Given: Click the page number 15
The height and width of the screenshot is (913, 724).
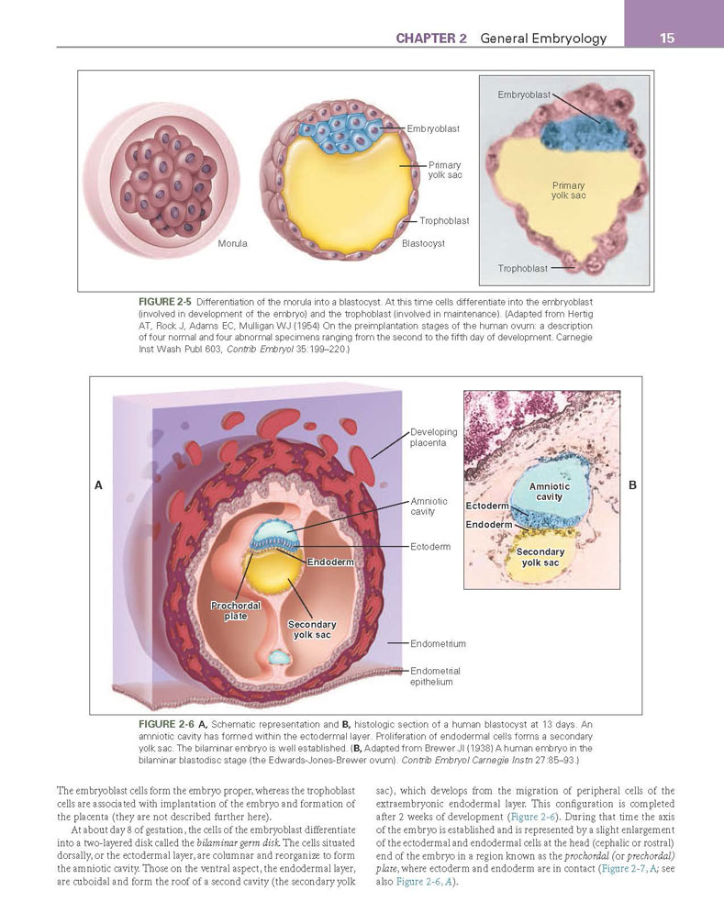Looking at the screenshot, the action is (667, 39).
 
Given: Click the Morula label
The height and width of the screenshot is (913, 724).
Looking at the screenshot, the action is (232, 243).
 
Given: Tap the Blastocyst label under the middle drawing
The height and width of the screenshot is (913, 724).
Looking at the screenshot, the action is (423, 243).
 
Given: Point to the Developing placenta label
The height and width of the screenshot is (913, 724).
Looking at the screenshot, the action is (434, 438).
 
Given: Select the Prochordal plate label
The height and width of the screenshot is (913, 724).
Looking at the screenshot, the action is (236, 611).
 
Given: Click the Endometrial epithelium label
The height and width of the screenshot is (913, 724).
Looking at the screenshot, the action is (435, 676).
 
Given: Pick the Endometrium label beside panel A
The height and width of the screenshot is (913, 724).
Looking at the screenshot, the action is (438, 643).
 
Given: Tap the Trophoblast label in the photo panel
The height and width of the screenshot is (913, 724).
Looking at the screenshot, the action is (522, 269).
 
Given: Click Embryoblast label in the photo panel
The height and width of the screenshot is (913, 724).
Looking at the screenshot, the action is (524, 95).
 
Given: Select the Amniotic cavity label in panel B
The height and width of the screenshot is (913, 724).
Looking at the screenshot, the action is (550, 492).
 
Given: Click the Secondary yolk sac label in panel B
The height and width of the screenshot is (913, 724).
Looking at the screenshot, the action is (540, 557).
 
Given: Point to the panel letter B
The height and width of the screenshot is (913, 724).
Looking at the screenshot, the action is (633, 485).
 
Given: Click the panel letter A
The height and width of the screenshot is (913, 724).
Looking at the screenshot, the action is (98, 485).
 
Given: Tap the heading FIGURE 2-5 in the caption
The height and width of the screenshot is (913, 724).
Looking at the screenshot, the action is (165, 302).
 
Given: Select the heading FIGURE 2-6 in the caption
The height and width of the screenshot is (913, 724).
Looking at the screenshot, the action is (166, 724).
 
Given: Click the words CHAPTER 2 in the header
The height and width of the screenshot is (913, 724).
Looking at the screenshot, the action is (431, 39).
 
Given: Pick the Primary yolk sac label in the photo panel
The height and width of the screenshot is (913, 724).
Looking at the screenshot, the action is (569, 191).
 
